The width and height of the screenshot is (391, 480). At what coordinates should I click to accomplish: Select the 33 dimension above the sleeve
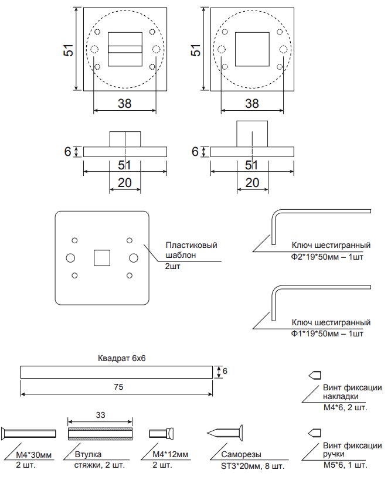(100, 415)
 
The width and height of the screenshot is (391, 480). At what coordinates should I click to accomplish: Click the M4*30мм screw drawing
(29, 433)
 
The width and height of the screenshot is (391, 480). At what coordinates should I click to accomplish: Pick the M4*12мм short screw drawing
(161, 433)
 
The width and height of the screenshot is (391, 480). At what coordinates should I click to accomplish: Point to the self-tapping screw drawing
(225, 433)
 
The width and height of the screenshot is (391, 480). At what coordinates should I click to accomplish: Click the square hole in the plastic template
(103, 257)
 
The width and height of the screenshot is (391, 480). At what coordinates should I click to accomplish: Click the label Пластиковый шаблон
(191, 250)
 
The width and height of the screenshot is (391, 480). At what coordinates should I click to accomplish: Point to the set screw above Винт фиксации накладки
(314, 375)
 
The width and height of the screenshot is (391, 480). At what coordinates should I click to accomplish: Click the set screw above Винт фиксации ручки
(314, 433)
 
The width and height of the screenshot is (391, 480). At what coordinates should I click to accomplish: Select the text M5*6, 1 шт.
(345, 465)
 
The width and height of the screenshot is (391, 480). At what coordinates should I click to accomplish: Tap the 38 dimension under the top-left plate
(124, 104)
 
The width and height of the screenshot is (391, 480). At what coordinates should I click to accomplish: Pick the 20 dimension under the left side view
(124, 183)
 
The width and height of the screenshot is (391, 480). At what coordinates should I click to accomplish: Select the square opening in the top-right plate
(251, 49)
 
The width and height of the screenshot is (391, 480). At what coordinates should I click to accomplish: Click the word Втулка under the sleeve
(89, 454)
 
